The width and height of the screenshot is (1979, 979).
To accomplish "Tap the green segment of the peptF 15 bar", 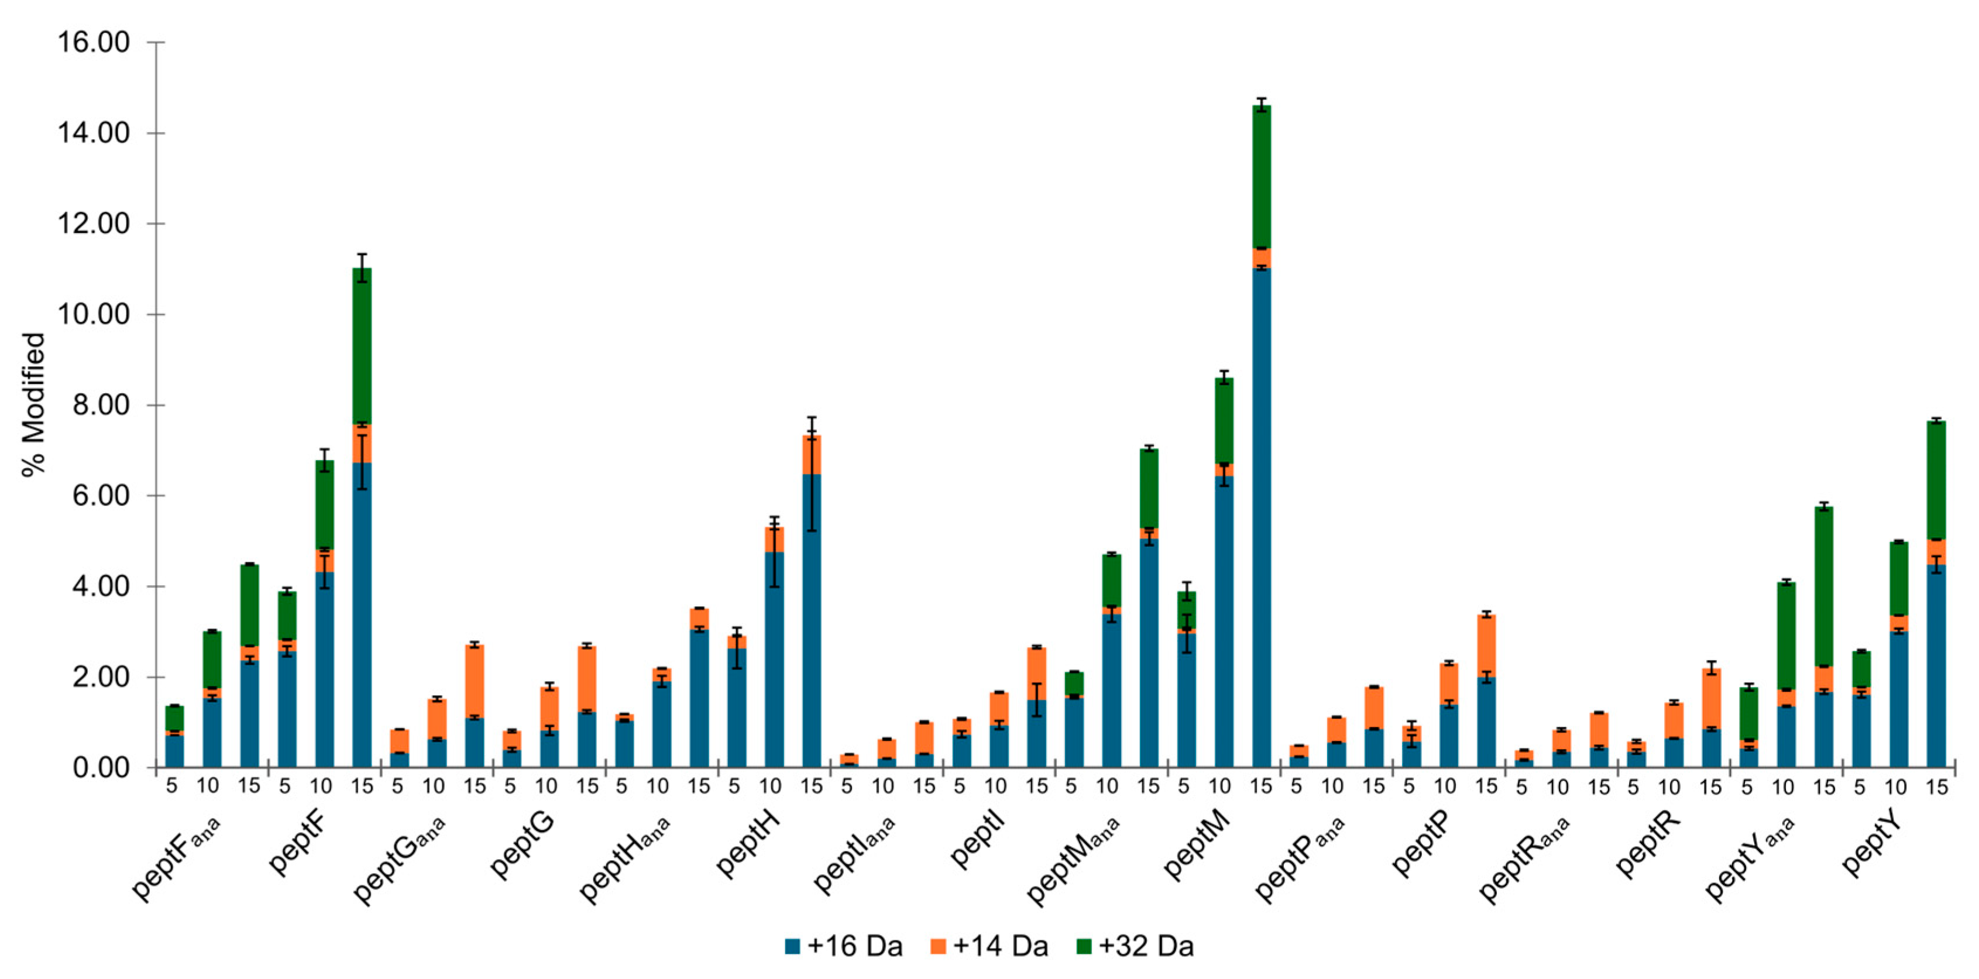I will [362, 346].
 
